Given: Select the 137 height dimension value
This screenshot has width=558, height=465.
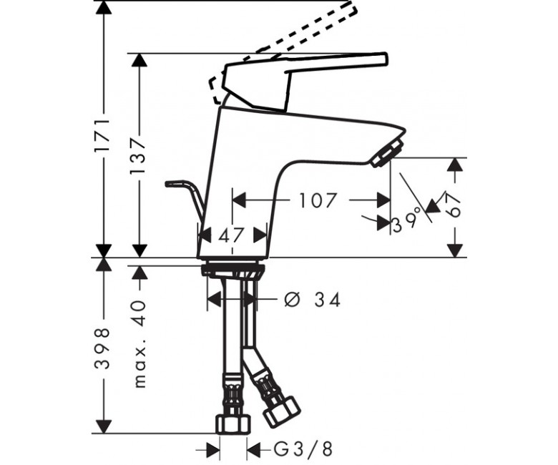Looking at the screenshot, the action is (138, 155).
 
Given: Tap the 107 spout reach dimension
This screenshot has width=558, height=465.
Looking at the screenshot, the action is (318, 200).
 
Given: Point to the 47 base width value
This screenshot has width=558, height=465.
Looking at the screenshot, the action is (231, 235).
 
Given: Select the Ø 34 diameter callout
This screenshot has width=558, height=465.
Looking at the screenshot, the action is (313, 300).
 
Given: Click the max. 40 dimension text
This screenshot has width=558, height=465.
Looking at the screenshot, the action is (140, 344).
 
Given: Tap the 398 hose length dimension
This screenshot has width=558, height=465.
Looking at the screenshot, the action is (102, 348).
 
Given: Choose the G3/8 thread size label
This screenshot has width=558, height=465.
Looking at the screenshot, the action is (303, 449).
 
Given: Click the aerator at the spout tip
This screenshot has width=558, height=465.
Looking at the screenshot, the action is (388, 153).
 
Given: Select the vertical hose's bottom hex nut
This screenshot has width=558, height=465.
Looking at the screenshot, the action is (234, 424).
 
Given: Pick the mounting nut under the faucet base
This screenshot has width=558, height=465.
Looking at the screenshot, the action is (232, 270).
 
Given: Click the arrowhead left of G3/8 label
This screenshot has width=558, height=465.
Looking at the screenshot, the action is (212, 449).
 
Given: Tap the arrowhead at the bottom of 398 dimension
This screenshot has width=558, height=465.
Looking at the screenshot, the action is (103, 426).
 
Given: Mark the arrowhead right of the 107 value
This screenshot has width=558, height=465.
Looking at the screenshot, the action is (383, 200).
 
